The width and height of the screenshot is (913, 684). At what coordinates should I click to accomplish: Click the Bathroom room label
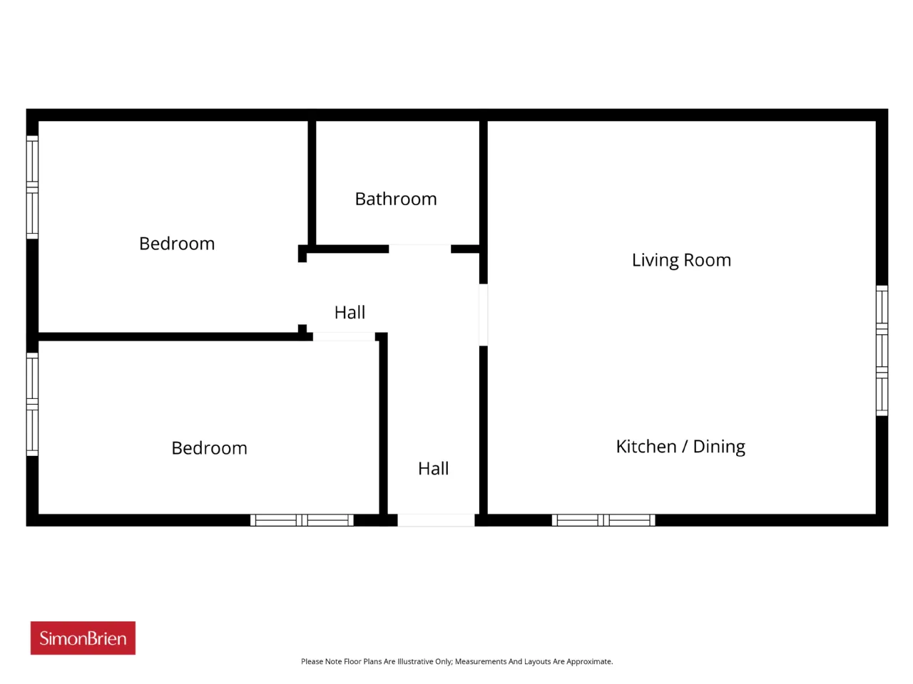point(396,199)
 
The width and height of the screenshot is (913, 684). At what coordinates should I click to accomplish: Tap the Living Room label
point(681,260)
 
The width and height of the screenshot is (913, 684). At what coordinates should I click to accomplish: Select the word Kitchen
point(646,447)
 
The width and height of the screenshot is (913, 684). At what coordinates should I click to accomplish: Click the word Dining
point(719,447)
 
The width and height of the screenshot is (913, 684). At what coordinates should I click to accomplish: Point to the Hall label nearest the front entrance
point(433,468)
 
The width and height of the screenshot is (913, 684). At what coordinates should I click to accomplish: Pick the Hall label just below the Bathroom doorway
point(350,312)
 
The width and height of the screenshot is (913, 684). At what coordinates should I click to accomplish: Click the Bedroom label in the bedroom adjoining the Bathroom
point(177,244)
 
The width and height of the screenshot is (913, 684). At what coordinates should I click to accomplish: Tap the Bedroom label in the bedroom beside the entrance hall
point(209,448)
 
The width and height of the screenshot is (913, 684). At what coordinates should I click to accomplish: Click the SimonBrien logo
point(83,638)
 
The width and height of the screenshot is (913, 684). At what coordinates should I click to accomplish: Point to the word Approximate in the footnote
point(589,662)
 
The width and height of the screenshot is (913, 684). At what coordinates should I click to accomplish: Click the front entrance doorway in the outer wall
point(436,520)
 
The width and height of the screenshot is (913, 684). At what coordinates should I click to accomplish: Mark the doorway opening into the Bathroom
point(419,249)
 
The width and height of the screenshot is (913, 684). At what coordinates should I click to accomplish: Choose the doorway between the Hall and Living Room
point(484,315)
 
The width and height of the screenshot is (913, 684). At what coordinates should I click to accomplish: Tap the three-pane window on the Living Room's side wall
point(882,351)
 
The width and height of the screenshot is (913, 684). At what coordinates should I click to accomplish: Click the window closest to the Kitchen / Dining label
point(603,520)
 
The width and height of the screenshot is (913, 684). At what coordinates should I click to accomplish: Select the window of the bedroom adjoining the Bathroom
point(32,187)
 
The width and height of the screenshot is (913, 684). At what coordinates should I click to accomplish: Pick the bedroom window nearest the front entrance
point(302,520)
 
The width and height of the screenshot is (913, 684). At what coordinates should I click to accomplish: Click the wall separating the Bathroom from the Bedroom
point(312,183)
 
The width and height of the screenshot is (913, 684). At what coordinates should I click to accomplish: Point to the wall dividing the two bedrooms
point(175,336)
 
